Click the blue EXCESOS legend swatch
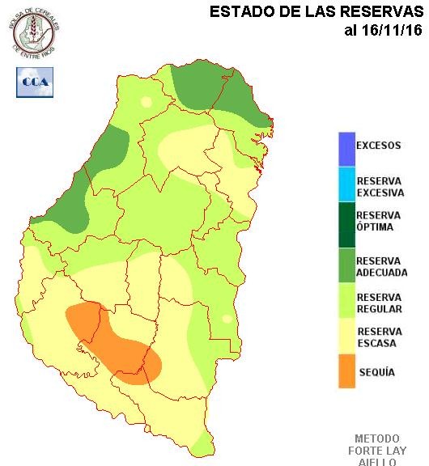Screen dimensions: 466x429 [x=346, y=148]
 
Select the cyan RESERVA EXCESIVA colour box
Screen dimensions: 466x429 [x=346, y=186]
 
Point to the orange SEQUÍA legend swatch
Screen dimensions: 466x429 [x=346, y=371]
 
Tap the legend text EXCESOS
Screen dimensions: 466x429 [x=378, y=146]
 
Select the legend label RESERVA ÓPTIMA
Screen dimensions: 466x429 [x=378, y=221]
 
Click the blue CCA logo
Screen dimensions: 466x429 [x=35, y=82]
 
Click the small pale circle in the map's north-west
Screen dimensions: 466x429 [x=147, y=102]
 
